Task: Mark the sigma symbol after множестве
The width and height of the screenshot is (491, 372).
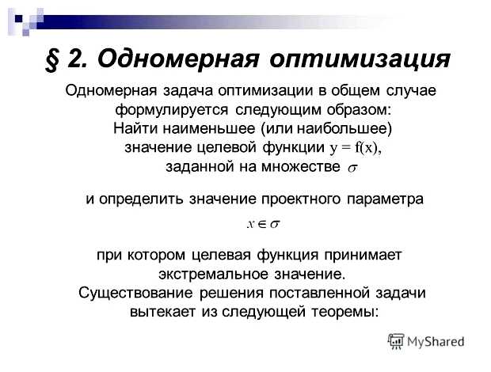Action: pyautogui.click(x=352, y=167)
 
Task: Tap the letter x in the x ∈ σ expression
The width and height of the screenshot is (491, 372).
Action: pyautogui.click(x=250, y=225)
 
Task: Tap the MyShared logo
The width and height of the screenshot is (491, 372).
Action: pyautogui.click(x=426, y=342)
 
